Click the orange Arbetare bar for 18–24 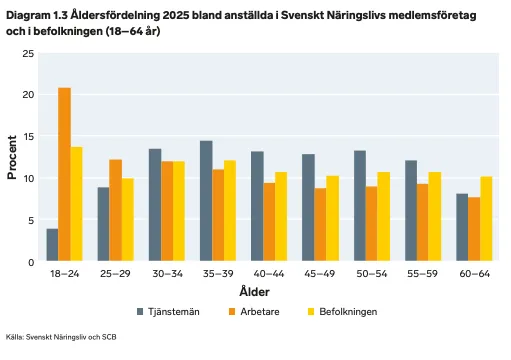(x=65, y=174)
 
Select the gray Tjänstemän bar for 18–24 (x=52, y=245)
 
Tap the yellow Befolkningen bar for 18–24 (x=77, y=204)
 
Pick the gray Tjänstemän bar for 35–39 (x=206, y=201)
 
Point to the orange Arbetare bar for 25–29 (x=116, y=210)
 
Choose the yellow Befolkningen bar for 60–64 (x=486, y=219)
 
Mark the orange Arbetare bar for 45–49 (x=320, y=224)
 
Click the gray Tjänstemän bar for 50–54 (x=360, y=206)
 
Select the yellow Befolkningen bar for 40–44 (x=281, y=216)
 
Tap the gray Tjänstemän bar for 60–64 (x=462, y=227)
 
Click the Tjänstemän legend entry (x=168, y=312)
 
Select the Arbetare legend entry (x=254, y=312)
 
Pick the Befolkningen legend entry (x=342, y=312)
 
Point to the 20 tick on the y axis (x=28, y=95)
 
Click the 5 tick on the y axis (x=31, y=220)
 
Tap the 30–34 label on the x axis (x=168, y=274)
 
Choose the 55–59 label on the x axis (x=422, y=274)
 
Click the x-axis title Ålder (x=254, y=291)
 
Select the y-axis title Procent (x=12, y=157)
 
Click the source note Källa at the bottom (x=61, y=337)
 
